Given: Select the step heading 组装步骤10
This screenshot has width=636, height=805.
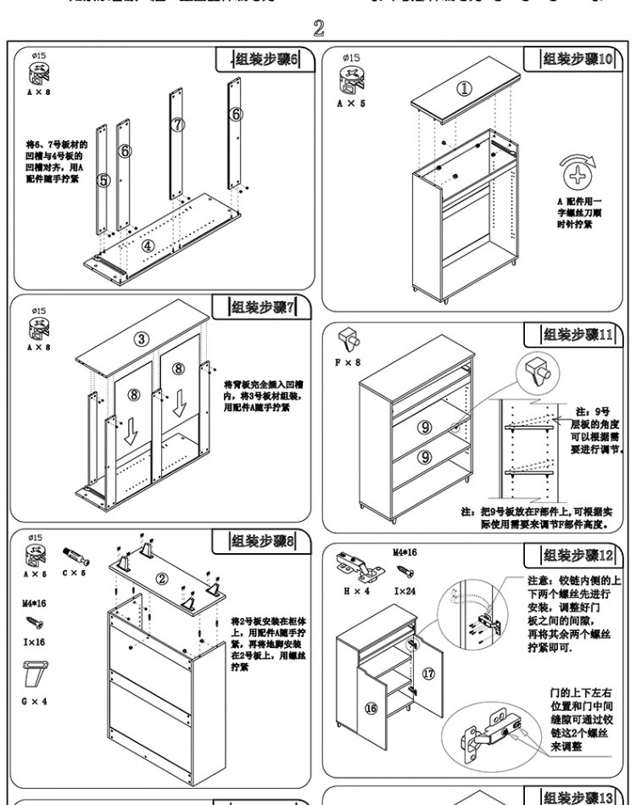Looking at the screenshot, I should [x=577, y=59].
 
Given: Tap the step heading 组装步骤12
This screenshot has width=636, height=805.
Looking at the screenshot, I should [x=577, y=556].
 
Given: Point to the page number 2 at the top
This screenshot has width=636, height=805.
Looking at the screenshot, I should [x=319, y=28].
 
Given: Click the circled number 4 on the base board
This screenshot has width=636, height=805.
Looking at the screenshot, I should [x=148, y=245].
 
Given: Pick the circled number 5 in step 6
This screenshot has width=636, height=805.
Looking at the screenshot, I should [x=103, y=180].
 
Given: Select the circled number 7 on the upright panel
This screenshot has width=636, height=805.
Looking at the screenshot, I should [x=177, y=125].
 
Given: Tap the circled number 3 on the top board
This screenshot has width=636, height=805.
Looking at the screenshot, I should [x=142, y=339].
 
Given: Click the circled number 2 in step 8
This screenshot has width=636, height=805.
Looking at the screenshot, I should [x=162, y=579].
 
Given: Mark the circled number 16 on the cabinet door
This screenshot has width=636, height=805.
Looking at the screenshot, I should [x=371, y=708].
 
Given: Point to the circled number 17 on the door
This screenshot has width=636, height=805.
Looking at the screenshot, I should [x=428, y=674].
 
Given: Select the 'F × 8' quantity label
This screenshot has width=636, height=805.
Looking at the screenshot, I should [x=347, y=362].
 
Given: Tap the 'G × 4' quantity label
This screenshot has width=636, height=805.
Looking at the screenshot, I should [x=34, y=702].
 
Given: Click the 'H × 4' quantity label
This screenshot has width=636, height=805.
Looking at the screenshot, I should [x=355, y=591].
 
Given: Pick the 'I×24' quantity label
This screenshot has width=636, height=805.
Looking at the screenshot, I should [x=405, y=591].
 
